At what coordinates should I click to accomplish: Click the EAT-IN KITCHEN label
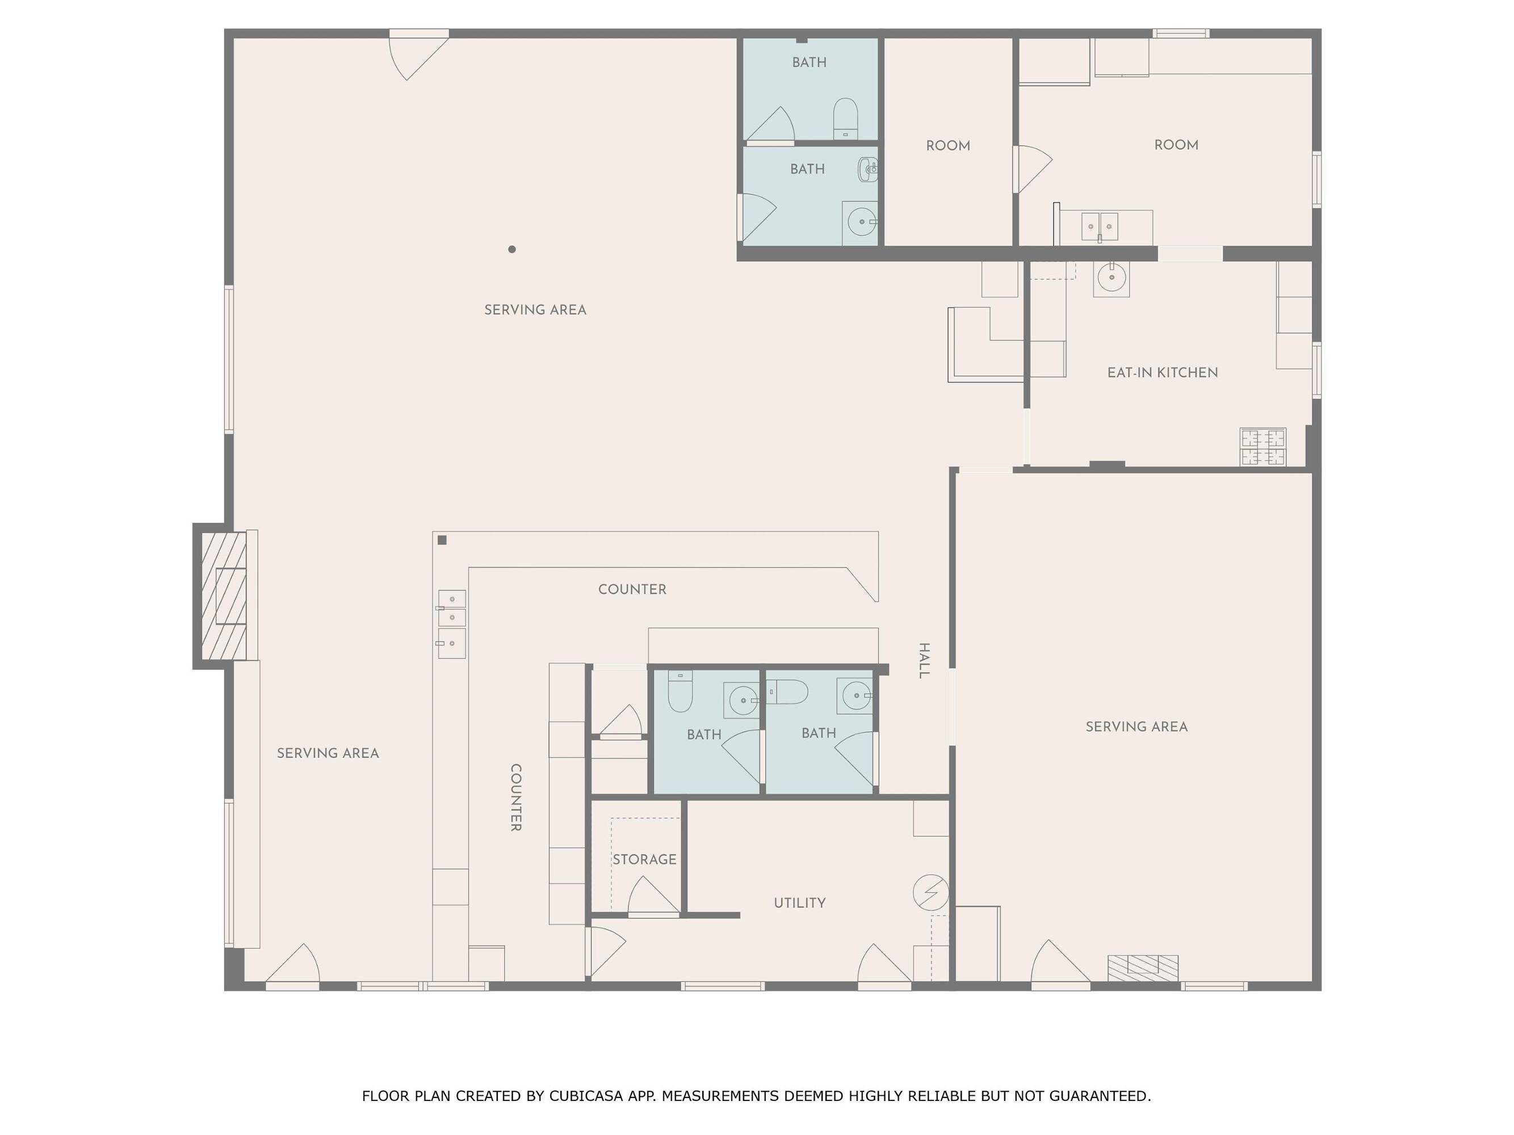pyautogui.click(x=1162, y=373)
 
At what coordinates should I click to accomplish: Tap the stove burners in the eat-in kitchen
pyautogui.click(x=1263, y=447)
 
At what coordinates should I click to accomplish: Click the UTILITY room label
pyautogui.click(x=799, y=903)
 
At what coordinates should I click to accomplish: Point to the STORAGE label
pyautogui.click(x=644, y=859)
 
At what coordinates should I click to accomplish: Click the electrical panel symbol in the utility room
pyautogui.click(x=931, y=892)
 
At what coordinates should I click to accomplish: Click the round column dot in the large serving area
pyautogui.click(x=512, y=249)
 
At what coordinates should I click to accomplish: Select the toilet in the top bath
pyautogui.click(x=845, y=119)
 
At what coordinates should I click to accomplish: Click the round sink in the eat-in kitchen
pyautogui.click(x=1111, y=278)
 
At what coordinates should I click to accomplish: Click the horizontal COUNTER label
pyautogui.click(x=632, y=589)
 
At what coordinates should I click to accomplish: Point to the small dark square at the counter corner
pyautogui.click(x=442, y=540)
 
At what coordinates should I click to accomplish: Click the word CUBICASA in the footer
pyautogui.click(x=585, y=1096)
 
